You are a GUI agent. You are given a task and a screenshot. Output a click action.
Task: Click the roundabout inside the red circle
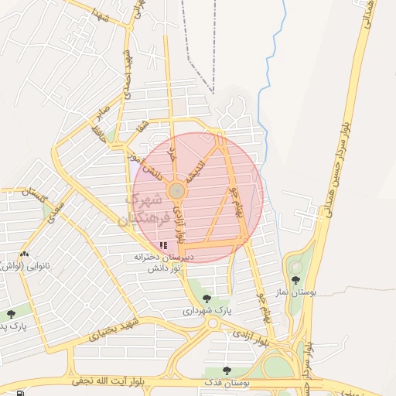click(x=177, y=189)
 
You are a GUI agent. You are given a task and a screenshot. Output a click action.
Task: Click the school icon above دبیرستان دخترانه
click(x=163, y=245)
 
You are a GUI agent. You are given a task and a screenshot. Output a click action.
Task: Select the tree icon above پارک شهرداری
click(x=206, y=298)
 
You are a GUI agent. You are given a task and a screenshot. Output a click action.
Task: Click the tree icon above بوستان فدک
click(x=226, y=371)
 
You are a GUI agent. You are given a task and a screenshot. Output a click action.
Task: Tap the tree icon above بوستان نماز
click(x=295, y=280)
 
